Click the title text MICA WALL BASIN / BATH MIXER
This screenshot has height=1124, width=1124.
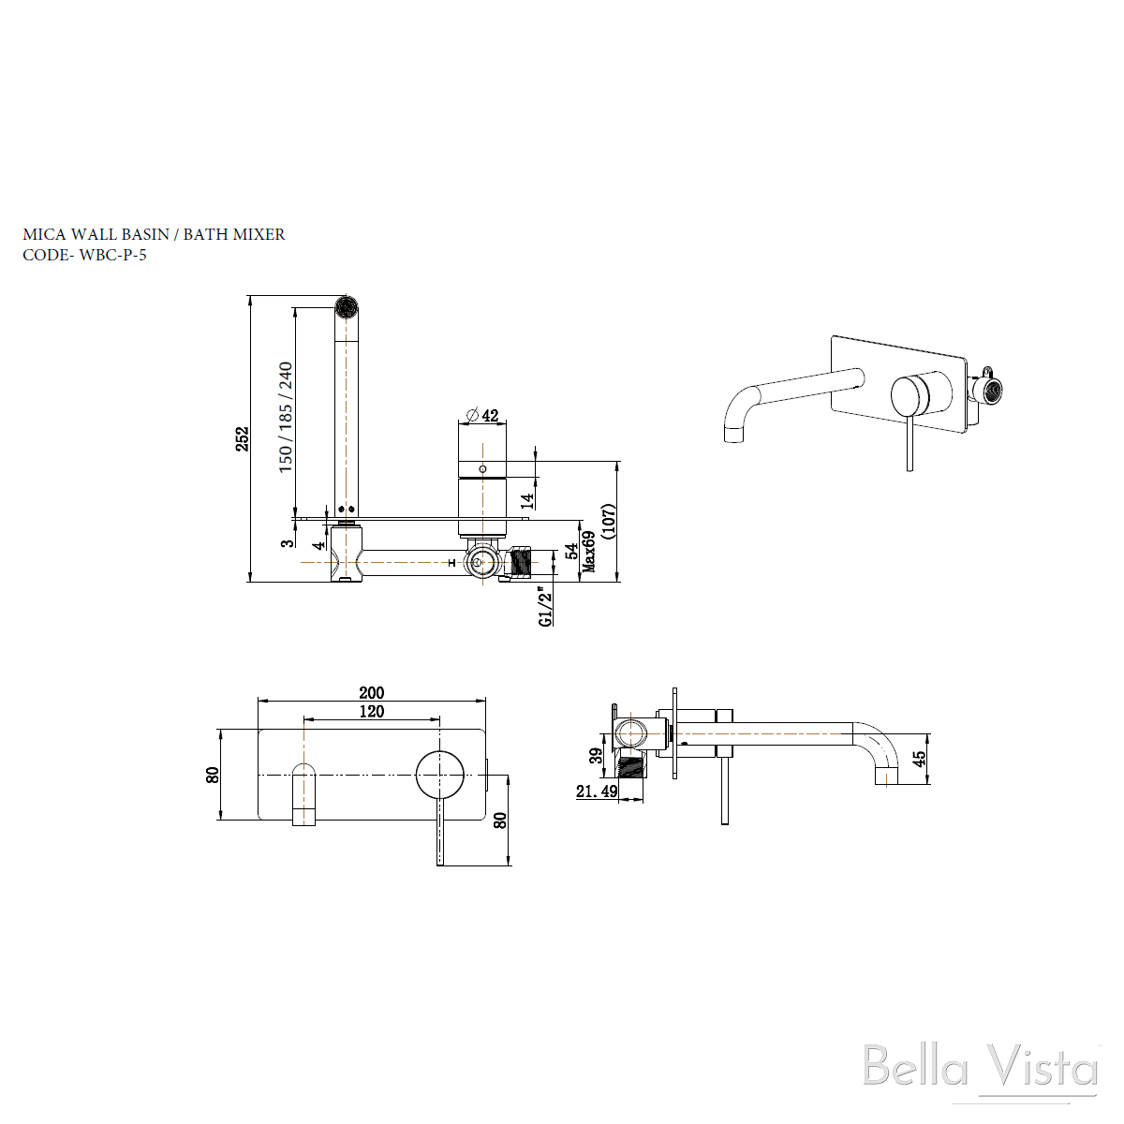click(x=154, y=234)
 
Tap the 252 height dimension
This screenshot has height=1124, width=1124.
click(x=242, y=438)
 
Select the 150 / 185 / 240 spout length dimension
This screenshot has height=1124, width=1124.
click(x=286, y=417)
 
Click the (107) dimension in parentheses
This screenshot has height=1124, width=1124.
click(x=608, y=521)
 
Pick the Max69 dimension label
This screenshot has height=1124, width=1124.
click(x=589, y=551)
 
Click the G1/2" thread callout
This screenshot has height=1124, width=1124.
click(x=545, y=607)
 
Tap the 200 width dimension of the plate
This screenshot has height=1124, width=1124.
click(x=372, y=693)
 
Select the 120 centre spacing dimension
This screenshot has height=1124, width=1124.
click(x=372, y=712)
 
